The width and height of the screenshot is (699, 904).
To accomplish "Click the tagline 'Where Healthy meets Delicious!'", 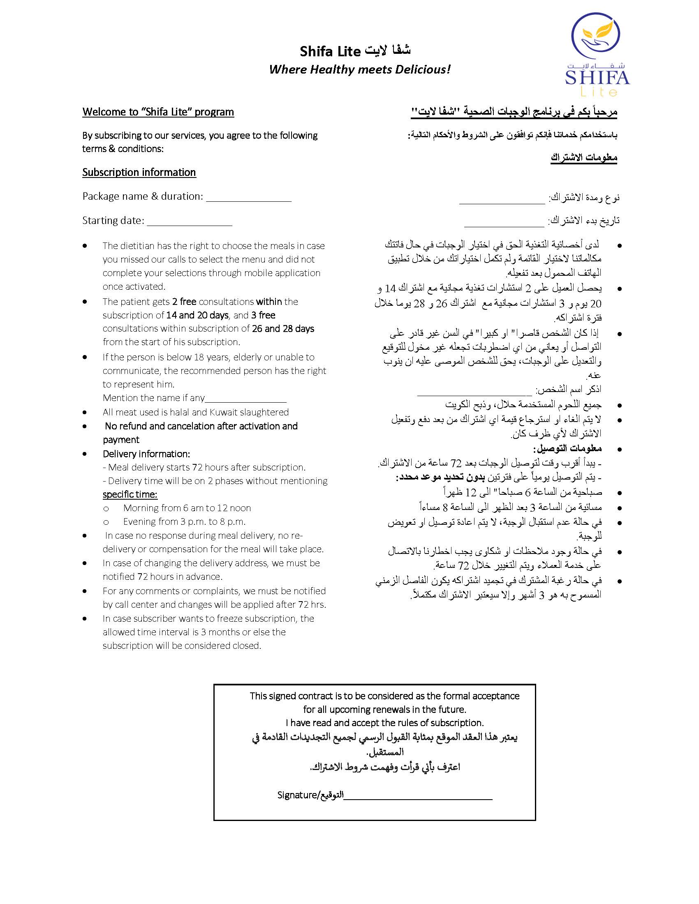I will pos(359,69).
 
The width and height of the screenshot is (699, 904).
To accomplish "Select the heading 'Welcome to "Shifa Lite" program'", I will pos(158,112).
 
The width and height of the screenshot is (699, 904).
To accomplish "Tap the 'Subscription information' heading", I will pos(139,173).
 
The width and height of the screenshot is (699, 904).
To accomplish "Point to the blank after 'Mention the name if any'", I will pos(245,398).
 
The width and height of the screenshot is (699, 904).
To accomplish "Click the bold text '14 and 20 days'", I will pos(197,316).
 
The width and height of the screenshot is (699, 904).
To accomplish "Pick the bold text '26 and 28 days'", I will pos(283,329).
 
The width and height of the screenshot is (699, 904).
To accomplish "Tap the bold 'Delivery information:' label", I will pos(146,454).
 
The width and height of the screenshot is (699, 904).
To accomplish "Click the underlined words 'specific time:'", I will pos(130,495).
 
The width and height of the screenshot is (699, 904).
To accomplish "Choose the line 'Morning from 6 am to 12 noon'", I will pos(187,508).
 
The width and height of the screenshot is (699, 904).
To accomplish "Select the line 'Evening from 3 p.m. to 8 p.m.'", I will pos(184,522).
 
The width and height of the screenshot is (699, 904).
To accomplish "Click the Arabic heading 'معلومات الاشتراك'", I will pos(583,158).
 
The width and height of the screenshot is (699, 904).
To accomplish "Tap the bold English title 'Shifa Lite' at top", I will pos(331,52).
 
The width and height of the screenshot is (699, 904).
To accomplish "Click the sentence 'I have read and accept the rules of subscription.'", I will pos(384,723).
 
